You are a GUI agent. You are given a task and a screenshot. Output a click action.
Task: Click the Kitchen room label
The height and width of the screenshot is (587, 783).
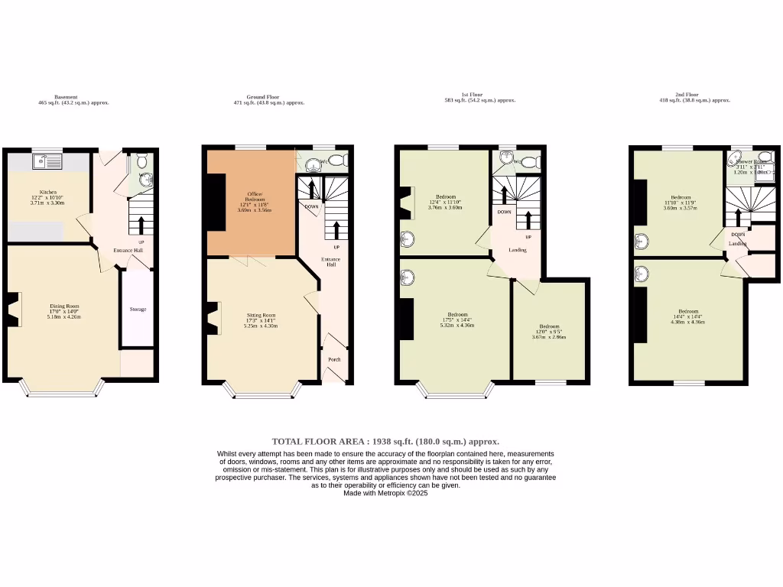tap(48, 192)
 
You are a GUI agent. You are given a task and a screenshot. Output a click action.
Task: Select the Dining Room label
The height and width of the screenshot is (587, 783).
tap(64, 306)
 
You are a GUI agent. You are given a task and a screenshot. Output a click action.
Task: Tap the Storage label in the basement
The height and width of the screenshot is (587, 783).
tap(138, 310)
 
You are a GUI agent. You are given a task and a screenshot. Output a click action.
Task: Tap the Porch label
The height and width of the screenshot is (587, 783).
tap(334, 359)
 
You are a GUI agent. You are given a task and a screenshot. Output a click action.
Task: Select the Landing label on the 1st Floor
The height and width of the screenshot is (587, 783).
tap(518, 250)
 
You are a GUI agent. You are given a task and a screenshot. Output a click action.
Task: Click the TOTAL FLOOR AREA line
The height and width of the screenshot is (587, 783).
tap(385, 441)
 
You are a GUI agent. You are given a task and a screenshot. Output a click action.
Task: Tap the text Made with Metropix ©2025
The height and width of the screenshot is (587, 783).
tap(385, 493)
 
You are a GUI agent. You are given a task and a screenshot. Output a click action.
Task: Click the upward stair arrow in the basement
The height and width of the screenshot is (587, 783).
tap(141, 224)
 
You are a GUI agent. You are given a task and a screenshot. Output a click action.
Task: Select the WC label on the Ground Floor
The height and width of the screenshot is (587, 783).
tap(323, 161)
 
